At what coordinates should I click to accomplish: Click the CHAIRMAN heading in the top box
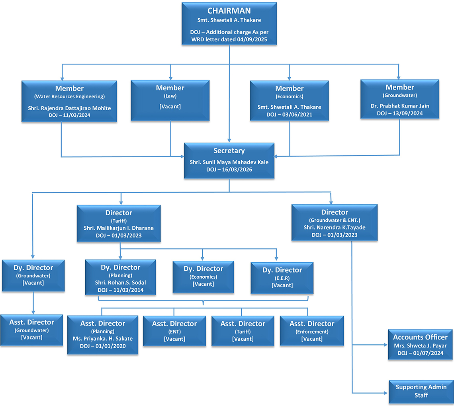[229, 11]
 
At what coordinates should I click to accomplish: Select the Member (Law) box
[170, 100]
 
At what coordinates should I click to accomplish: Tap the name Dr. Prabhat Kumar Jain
[400, 106]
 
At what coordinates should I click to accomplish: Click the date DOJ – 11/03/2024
[69, 115]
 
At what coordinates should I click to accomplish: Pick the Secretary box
[229, 160]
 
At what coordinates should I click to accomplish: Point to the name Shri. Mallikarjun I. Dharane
[119, 228]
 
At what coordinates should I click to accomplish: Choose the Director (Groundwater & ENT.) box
[334, 223]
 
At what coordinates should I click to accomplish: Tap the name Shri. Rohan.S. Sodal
[120, 283]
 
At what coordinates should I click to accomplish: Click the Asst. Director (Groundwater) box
[31, 329]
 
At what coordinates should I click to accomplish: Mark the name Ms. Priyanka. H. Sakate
[103, 339]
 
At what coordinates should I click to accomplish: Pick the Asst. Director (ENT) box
[174, 331]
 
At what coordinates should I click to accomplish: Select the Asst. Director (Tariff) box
[243, 331]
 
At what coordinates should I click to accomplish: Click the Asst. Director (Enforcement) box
[311, 331]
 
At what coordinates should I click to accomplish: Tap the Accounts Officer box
[420, 345]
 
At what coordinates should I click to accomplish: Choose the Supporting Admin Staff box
[421, 391]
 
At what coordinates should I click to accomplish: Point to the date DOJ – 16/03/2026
[229, 170]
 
